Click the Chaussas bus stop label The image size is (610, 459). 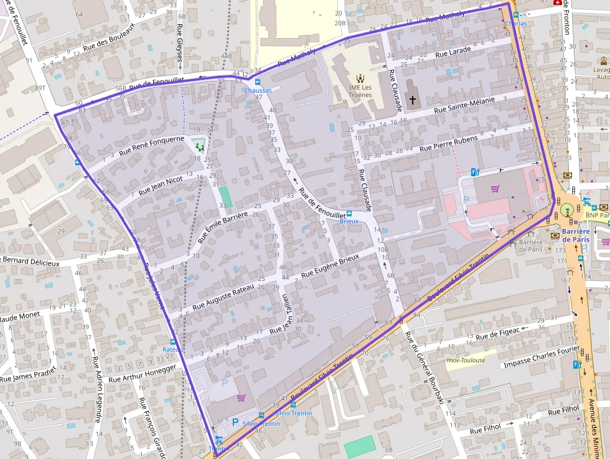(x=258, y=90)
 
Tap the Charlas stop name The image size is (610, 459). (x=516, y=23)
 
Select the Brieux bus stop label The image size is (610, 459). (x=349, y=221)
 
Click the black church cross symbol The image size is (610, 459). (x=412, y=99)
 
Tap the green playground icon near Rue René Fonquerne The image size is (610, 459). (x=200, y=146)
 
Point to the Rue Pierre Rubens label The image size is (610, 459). (x=449, y=143)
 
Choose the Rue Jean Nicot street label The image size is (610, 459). (x=161, y=185)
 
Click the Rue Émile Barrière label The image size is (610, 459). (x=223, y=227)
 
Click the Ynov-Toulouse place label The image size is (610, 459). (x=466, y=360)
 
